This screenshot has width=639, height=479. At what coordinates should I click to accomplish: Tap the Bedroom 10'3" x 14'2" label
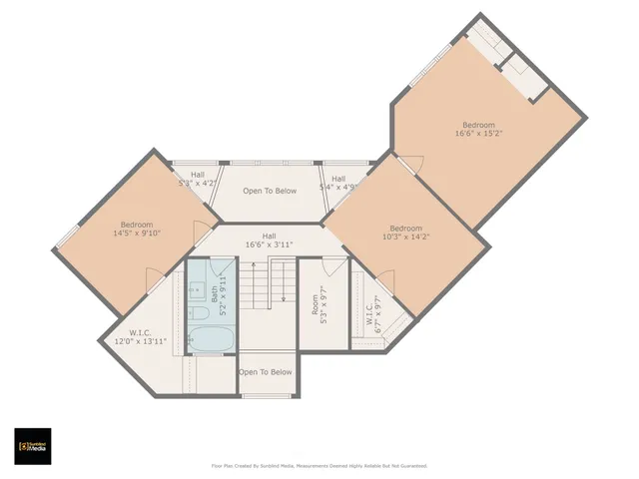tap(405, 233)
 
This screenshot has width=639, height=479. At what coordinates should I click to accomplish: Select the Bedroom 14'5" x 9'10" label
tap(137, 229)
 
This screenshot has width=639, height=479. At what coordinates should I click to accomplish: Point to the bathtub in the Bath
tap(211, 336)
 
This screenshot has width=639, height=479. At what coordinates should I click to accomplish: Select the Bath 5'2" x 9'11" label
tap(215, 294)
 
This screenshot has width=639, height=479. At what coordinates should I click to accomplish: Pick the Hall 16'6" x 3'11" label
tap(269, 240)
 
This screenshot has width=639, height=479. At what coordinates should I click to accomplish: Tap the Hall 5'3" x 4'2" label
tap(197, 180)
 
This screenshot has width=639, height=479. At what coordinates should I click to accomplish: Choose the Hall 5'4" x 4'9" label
tap(338, 183)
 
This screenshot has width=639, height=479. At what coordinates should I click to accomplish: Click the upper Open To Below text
tap(269, 191)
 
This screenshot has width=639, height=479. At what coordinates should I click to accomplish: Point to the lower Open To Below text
tap(266, 372)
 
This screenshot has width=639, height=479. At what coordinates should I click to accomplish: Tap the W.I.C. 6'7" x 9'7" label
tap(373, 311)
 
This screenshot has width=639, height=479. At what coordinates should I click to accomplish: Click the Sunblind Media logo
tap(32, 446)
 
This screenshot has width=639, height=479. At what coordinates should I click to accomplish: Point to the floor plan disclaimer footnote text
tap(319, 465)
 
